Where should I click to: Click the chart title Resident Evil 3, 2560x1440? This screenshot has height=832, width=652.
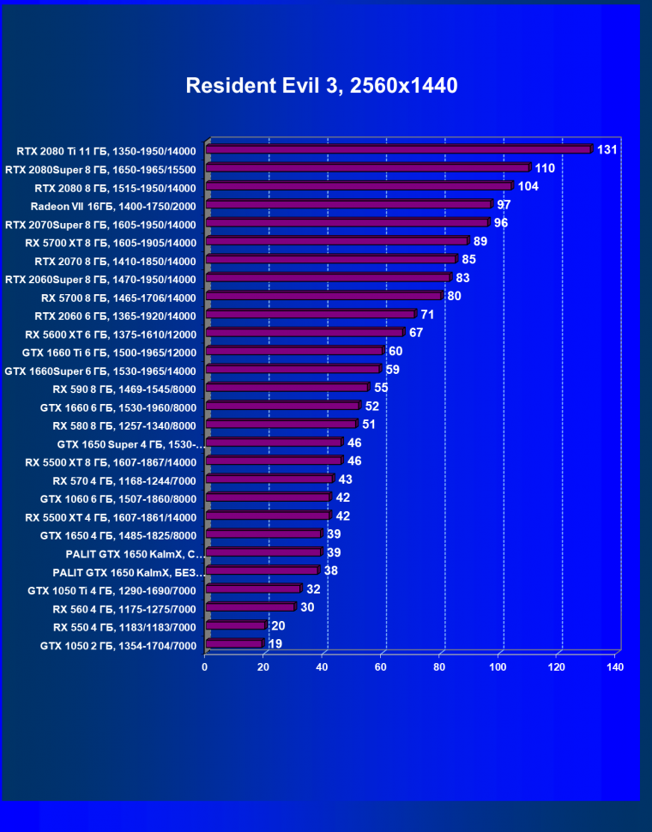click(x=322, y=86)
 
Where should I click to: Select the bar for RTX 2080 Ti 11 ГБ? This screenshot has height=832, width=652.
click(x=399, y=149)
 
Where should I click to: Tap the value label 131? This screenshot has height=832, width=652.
click(x=607, y=150)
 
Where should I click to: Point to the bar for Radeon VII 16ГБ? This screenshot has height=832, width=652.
click(x=348, y=204)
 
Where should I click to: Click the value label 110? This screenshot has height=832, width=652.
click(x=545, y=168)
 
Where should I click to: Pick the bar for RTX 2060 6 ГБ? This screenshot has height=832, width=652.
click(x=310, y=314)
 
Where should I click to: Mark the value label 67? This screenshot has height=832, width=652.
click(x=416, y=333)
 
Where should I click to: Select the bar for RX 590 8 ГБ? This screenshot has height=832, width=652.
click(x=287, y=388)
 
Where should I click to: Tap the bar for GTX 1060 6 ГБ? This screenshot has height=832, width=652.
click(x=268, y=497)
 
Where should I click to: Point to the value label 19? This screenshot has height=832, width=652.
click(x=275, y=644)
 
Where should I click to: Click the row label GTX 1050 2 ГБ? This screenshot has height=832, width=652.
click(x=118, y=646)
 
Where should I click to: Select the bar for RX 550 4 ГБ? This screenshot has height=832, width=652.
click(x=235, y=625)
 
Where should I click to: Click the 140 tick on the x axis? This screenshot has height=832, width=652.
click(x=614, y=666)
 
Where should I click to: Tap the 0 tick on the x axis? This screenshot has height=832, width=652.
click(x=205, y=666)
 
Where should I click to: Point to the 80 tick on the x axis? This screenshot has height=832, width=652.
click(x=439, y=666)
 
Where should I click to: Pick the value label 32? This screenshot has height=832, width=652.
click(x=313, y=589)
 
